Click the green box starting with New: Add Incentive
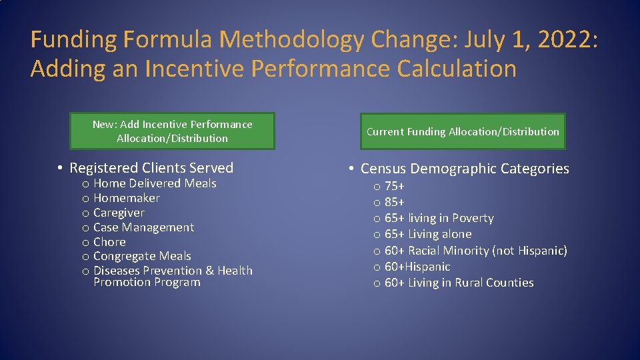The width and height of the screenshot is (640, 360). tap(172, 131)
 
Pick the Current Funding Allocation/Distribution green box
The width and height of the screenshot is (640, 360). tap(463, 131)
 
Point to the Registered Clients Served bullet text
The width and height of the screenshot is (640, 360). tap(151, 168)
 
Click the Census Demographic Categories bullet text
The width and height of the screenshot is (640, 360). tap(465, 169)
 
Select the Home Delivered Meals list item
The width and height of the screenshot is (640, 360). tap(155, 183)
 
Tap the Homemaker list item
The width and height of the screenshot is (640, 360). tap(127, 198)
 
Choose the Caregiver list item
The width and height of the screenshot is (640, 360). tap(119, 213)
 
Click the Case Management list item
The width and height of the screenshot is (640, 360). tap(143, 227)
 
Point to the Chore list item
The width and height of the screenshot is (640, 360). tap(109, 242)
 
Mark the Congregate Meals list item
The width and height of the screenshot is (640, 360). tap(142, 256)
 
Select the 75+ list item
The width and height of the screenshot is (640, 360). tap(395, 186)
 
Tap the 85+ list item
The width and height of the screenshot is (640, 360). tap(395, 202)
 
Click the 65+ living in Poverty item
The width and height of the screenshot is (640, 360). tap(439, 218)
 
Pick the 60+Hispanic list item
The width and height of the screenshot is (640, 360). tap(417, 267)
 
